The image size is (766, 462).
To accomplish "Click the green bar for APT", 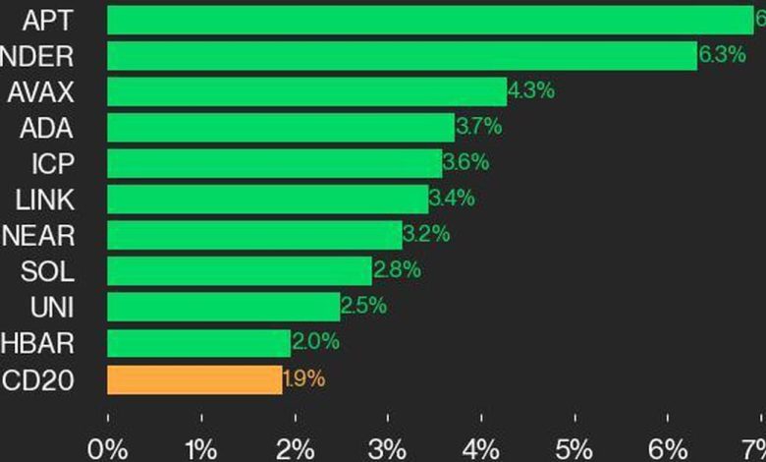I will click(x=430, y=20).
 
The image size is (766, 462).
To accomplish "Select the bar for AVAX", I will click(x=306, y=91).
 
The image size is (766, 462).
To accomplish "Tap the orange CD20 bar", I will click(x=194, y=379).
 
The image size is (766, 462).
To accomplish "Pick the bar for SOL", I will click(x=240, y=270).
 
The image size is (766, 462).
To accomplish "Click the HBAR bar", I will click(x=198, y=343).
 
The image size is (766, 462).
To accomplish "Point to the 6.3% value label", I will click(x=722, y=56).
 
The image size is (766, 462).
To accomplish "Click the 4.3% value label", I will click(x=531, y=91).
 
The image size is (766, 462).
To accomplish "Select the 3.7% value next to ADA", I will click(x=479, y=127).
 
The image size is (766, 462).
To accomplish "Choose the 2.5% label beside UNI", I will click(x=364, y=307).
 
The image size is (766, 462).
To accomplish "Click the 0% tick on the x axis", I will click(x=107, y=449).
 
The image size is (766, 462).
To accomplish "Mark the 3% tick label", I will click(x=388, y=449).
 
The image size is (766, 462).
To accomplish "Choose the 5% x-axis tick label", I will click(x=575, y=449).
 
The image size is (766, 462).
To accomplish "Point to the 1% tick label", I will click(x=200, y=449).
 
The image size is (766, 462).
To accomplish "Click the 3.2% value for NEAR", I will click(x=426, y=235).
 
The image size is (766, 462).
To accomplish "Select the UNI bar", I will click(x=223, y=307).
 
